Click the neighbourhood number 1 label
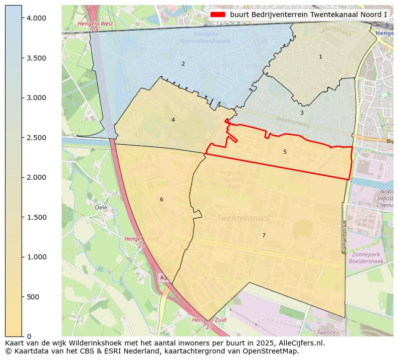[x=320, y=57]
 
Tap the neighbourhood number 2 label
[x=183, y=64]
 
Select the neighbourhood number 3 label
[x=302, y=113]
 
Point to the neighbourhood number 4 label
[x=173, y=120]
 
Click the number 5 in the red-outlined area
[x=285, y=152]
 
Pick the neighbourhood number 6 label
[x=161, y=199]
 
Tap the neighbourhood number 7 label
[x=264, y=235]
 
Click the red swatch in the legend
[x=218, y=15]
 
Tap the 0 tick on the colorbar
[x=30, y=336]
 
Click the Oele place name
[x=101, y=207]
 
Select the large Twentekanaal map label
[x=244, y=218]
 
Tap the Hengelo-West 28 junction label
[x=95, y=27]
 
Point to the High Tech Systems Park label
[x=234, y=180]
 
